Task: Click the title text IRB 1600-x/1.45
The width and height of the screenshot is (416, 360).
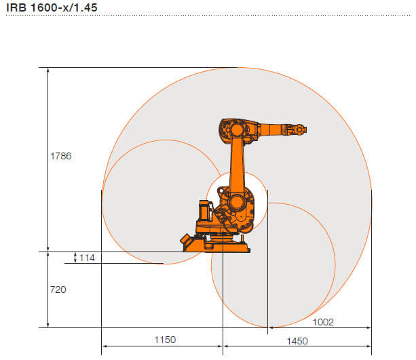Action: (52, 7)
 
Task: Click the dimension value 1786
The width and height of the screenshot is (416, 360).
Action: (61, 156)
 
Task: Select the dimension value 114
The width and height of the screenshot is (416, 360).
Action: (87, 258)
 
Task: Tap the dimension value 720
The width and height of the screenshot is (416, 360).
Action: (58, 289)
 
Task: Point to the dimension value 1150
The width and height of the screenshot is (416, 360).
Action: (165, 340)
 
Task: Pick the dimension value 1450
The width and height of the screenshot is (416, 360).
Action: (297, 341)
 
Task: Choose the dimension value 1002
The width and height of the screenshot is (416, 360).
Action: (323, 322)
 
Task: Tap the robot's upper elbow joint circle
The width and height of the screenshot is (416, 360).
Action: (237, 130)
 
